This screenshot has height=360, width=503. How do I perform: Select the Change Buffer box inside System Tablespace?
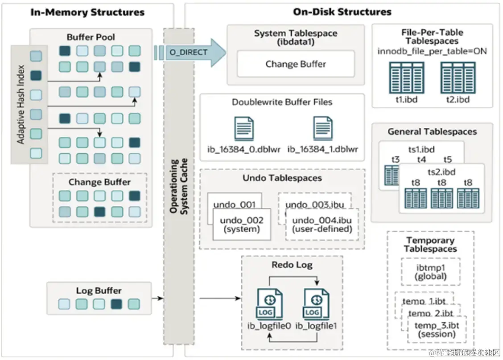(x=295, y=64)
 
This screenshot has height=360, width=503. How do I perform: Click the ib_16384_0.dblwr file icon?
(x=244, y=129)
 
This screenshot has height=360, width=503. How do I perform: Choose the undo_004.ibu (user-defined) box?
(x=322, y=225)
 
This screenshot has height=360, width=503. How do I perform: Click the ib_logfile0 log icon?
(x=269, y=303)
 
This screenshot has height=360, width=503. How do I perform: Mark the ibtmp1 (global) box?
(x=430, y=271)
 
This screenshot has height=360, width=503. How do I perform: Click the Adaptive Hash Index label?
(x=21, y=105)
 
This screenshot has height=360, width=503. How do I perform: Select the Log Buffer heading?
(x=99, y=290)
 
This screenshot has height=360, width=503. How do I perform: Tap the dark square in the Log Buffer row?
(x=116, y=304)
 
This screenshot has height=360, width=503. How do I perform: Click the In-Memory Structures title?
(x=87, y=12)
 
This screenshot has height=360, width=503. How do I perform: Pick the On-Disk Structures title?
(x=342, y=12)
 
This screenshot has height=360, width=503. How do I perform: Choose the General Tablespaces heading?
(x=432, y=131)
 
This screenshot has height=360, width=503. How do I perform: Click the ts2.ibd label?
(x=441, y=172)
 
